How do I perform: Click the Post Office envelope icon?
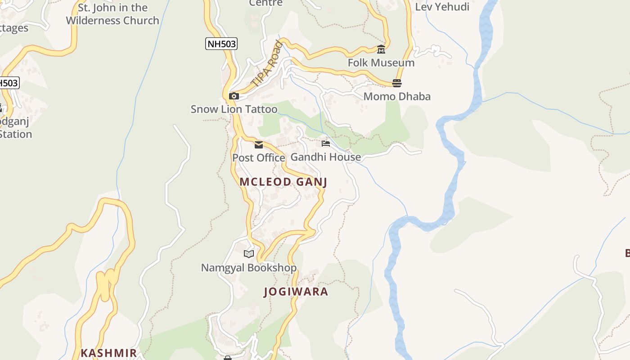click(259, 144)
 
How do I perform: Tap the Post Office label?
click(259, 158)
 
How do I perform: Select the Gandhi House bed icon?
click(326, 144)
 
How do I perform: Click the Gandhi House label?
click(326, 157)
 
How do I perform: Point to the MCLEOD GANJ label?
click(283, 182)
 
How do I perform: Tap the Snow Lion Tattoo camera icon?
click(234, 96)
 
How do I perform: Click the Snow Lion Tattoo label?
click(234, 109)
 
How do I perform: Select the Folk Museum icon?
click(381, 49)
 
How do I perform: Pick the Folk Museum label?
click(381, 63)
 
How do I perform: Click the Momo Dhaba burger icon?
click(396, 83)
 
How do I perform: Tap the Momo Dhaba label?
click(397, 96)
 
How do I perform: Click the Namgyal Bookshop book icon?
click(249, 254)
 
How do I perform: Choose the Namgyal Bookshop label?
click(249, 268)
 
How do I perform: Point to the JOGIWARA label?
click(296, 292)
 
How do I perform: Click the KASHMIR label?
click(108, 353)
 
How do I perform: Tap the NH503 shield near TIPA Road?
click(221, 44)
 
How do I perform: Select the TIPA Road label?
click(267, 64)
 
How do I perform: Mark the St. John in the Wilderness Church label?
click(112, 14)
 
